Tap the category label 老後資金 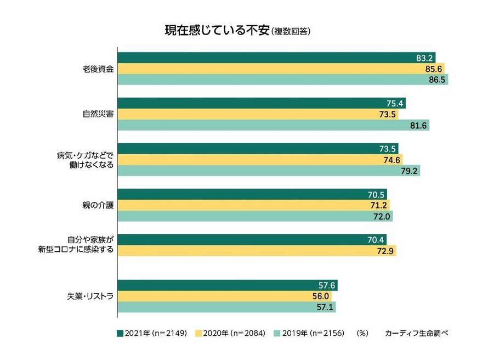tap(98, 69)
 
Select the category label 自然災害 tap(98, 114)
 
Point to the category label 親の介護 tap(98, 205)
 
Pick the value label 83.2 tap(425, 58)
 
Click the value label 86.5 tap(438, 80)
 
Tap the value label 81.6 tap(419, 126)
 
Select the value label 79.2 tap(410, 171)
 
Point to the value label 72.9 tap(385, 251)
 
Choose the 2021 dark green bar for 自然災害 tap(262, 103)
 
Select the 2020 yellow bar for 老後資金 tap(281, 69)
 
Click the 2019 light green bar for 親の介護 tap(255, 216)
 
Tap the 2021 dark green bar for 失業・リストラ tap(227, 285)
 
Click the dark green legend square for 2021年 tap(120, 333)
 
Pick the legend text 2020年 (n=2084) tap(237, 333)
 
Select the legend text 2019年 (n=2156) tap(316, 333)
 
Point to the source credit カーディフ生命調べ tap(417, 333)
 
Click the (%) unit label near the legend tap(362, 333)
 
